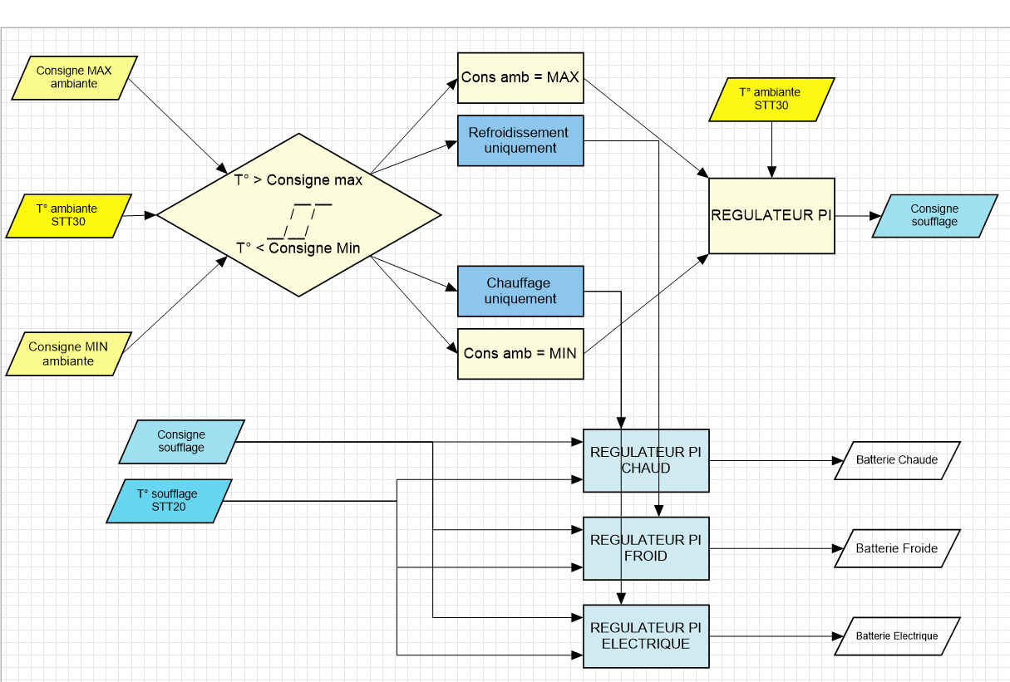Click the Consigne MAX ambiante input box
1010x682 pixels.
(x=74, y=78)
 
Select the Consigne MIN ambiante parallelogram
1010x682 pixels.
(x=68, y=354)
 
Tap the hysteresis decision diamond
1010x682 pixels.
(x=299, y=214)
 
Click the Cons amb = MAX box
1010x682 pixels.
(x=520, y=78)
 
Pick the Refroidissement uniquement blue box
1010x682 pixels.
(x=520, y=140)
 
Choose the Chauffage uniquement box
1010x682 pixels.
(x=520, y=291)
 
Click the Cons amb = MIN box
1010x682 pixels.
(x=520, y=353)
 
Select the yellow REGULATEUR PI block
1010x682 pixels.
(x=771, y=215)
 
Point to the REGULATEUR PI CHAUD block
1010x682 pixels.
(x=646, y=460)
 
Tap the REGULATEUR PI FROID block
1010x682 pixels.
(x=646, y=548)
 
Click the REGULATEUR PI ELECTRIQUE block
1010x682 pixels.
(x=646, y=636)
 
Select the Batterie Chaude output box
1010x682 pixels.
(x=897, y=460)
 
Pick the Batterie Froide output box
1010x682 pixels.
(x=897, y=548)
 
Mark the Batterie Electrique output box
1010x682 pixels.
(x=897, y=636)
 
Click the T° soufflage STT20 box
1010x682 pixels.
(x=169, y=501)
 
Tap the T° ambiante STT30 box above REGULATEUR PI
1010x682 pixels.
(x=771, y=100)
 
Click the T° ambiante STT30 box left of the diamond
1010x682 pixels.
(x=68, y=216)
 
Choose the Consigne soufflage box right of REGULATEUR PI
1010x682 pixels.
(x=934, y=216)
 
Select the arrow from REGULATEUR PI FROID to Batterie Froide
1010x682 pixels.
(x=773, y=548)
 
